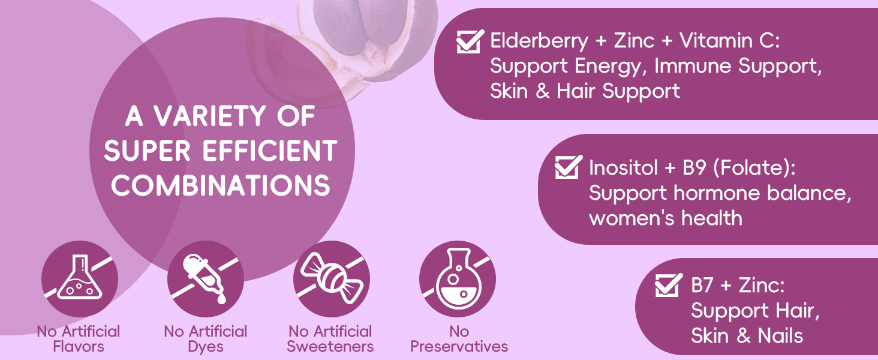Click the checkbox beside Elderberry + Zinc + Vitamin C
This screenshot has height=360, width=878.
pyautogui.click(x=470, y=41)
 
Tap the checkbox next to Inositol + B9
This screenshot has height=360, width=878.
pyautogui.click(x=568, y=167)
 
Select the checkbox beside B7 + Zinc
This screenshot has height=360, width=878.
pyautogui.click(x=669, y=284)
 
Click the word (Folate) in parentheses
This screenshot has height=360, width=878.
pyautogui.click(x=755, y=167)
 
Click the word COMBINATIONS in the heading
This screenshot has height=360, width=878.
pyautogui.click(x=221, y=185)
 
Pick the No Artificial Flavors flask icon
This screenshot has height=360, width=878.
pyautogui.click(x=80, y=279)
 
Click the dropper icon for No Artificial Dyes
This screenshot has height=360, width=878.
pyautogui.click(x=205, y=279)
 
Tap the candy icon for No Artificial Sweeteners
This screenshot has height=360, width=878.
pyautogui.click(x=331, y=279)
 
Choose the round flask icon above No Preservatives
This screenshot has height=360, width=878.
pyautogui.click(x=457, y=279)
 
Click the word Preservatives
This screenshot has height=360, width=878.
pyautogui.click(x=459, y=346)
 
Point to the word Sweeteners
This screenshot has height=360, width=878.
pyautogui.click(x=330, y=346)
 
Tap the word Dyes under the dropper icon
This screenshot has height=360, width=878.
pyautogui.click(x=206, y=346)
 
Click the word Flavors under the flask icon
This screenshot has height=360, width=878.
pyautogui.click(x=79, y=346)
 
